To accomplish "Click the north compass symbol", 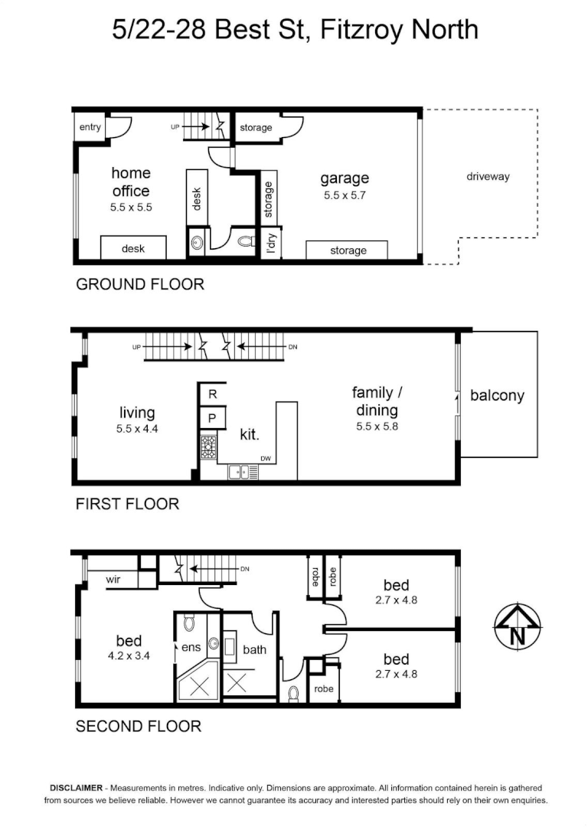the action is coord(518,626).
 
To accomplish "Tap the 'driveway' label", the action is coord(488,177).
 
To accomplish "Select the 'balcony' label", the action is coord(498,396).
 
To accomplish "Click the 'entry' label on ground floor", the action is coord(90,127).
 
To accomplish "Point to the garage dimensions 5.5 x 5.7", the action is coord(345,195).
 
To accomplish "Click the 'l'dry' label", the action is coord(271,244).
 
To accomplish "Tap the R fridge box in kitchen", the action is coord(213,394).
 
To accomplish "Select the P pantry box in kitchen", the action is coord(213,418).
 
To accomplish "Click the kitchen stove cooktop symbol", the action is coord(208,447).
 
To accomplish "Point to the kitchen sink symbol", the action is coord(243,472).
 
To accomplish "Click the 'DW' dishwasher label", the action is coord(265,459).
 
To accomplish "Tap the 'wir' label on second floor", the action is coord(113,579).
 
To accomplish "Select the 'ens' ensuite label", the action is coord(191,647).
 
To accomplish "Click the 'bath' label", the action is coord(255,650).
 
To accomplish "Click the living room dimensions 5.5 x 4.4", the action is coord(137,429).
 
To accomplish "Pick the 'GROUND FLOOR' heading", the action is coord(140,284).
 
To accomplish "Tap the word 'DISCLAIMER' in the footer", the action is coord(76,788).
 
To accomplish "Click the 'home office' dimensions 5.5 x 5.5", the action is coord(131,208).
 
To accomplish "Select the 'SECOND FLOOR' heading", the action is coord(138,726).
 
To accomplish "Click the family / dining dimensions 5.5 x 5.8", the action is coord(377,427).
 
